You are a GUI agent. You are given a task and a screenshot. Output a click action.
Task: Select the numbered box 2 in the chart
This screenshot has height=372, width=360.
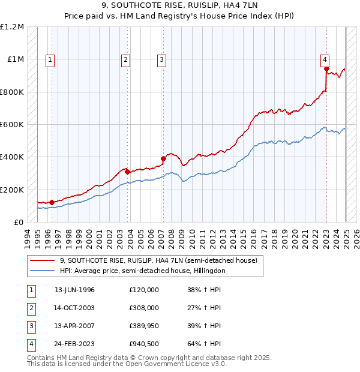(125, 59)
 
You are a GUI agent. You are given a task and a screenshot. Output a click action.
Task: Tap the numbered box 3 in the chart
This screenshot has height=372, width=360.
(162, 59)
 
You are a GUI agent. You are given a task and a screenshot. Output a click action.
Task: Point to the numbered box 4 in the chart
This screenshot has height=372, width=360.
(324, 59)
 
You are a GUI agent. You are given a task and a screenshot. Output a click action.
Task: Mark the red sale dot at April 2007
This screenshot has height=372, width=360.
(163, 159)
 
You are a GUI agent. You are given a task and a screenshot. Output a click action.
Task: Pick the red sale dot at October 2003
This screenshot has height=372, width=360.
(128, 172)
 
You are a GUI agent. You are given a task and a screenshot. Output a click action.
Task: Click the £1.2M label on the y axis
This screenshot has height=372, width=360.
(12, 27)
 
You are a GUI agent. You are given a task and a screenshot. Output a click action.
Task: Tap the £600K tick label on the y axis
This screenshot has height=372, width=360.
(12, 125)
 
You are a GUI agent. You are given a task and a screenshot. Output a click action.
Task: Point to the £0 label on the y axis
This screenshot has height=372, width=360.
(19, 222)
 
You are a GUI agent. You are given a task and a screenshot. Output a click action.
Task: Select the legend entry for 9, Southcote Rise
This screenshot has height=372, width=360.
(158, 260)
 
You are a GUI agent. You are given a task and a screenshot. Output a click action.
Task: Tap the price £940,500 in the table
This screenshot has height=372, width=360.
(144, 344)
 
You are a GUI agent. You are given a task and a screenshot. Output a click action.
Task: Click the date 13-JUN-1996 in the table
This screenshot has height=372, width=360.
(74, 290)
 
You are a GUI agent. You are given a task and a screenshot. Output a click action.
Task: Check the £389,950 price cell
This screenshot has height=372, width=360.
(144, 326)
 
